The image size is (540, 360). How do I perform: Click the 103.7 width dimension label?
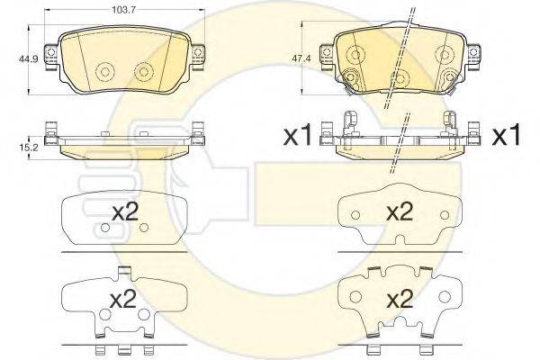pyautogui.click(x=123, y=9)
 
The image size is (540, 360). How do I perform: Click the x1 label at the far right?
pyautogui.click(x=506, y=135)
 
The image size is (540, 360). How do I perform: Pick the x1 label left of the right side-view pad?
pyautogui.click(x=297, y=135)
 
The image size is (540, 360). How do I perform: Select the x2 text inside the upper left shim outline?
pyautogui.click(x=125, y=211)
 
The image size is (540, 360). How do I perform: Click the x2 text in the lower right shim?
pyautogui.click(x=400, y=299)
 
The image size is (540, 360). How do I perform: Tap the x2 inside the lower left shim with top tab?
pyautogui.click(x=122, y=299)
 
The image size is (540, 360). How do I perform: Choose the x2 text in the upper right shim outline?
pyautogui.click(x=400, y=211)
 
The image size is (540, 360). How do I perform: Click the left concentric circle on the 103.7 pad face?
pyautogui.click(x=105, y=72)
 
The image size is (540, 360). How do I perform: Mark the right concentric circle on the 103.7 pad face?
pyautogui.click(x=144, y=72)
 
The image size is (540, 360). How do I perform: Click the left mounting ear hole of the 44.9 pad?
pyautogui.click(x=50, y=52)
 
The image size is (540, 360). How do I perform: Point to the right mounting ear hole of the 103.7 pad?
pyautogui.click(x=197, y=52)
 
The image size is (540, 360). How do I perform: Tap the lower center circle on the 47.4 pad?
pyautogui.click(x=400, y=78)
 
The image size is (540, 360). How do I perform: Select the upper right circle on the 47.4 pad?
pyautogui.click(x=445, y=54)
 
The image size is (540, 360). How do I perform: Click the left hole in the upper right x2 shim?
pyautogui.click(x=355, y=215)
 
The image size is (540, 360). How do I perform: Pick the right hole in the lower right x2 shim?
pyautogui.click(x=445, y=297)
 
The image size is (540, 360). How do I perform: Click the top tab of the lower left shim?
pyautogui.click(x=124, y=272)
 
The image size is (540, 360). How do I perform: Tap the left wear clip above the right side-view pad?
pyautogui.click(x=351, y=122)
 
